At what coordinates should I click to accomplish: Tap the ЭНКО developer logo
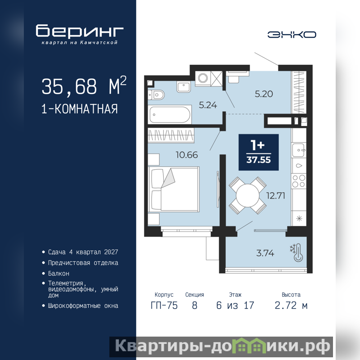click(292, 35)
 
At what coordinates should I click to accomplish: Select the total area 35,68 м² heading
click(84, 86)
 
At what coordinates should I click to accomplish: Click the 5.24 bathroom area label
click(208, 105)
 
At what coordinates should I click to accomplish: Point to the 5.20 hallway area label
click(264, 94)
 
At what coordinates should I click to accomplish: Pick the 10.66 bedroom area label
click(187, 155)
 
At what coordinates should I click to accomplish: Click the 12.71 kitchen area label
click(275, 196)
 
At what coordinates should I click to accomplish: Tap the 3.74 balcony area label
click(265, 253)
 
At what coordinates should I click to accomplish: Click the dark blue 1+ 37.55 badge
click(258, 152)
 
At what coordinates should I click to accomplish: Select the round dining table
click(247, 195)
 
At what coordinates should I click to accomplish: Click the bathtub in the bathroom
click(170, 115)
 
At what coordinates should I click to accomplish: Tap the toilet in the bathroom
click(156, 94)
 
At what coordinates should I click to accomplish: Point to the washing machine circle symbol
click(203, 78)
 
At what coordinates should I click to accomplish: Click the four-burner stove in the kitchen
click(299, 181)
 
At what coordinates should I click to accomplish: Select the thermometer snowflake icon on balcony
click(297, 253)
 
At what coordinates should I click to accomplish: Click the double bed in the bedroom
click(174, 189)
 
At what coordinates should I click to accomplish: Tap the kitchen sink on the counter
click(298, 150)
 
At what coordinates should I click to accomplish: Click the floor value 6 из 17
click(235, 306)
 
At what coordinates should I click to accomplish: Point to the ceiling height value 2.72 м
click(291, 306)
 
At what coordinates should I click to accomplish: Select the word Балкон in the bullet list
click(58, 274)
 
